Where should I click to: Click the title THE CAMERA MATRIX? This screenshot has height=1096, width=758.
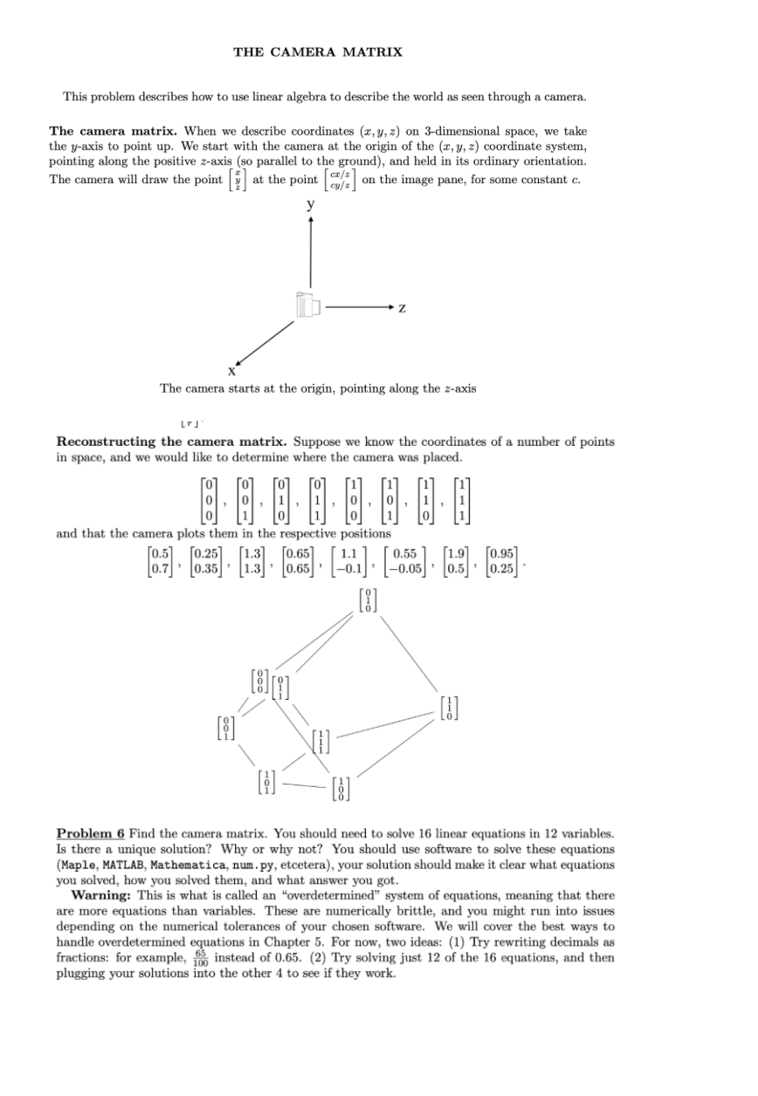coord(318,52)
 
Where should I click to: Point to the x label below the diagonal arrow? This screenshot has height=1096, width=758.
coord(231,371)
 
